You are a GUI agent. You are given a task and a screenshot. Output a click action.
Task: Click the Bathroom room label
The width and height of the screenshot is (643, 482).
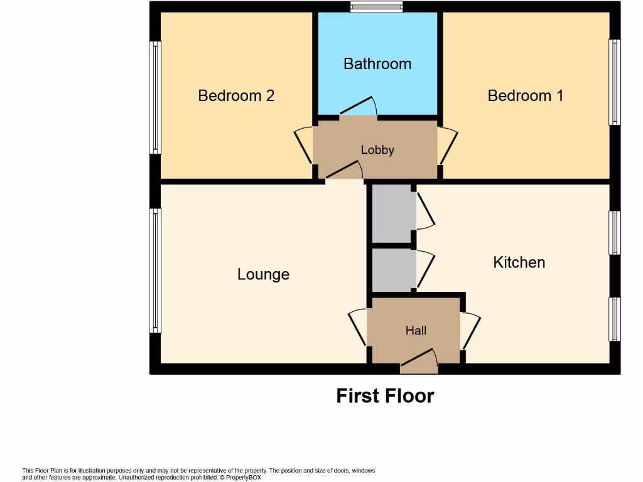coord(377,63)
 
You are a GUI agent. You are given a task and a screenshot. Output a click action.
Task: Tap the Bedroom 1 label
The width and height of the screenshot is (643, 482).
coord(526,95)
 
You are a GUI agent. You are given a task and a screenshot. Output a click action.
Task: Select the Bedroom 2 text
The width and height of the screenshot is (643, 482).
coord(236,95)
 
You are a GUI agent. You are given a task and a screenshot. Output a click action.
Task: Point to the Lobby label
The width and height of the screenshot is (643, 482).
coord(377,149)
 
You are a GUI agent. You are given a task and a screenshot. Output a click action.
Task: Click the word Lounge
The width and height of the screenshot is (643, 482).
coord(263,274)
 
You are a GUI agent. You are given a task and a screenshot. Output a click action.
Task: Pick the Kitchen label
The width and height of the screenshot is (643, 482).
coord(519,262)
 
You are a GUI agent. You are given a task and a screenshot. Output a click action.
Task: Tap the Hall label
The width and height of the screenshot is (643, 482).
coord(416,330)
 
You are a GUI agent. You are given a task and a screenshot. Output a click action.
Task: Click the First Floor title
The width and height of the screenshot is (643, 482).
coord(385,396)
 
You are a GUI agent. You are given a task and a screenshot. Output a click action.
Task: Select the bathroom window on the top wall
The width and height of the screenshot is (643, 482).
coord(376,8)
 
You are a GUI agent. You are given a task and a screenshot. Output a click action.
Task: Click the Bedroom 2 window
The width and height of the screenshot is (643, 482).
coord(154,97)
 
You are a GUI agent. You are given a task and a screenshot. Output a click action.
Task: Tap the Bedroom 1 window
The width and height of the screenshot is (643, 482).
coord(615,82)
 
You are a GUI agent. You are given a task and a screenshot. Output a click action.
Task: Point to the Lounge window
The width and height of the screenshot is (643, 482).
coord(154,270)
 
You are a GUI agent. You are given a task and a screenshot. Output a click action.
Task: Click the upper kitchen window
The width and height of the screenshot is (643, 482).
coord(615,233)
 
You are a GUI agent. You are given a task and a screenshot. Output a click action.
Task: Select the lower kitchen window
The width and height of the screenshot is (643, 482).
coord(615,319)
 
